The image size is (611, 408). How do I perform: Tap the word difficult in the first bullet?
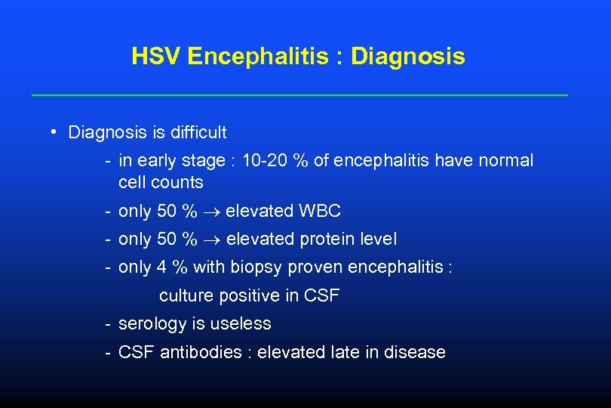pos(198,133)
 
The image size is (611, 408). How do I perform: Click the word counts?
pos(177,183)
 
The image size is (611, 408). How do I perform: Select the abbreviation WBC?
pos(320,212)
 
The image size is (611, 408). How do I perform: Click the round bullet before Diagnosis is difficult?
pos(56,132)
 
